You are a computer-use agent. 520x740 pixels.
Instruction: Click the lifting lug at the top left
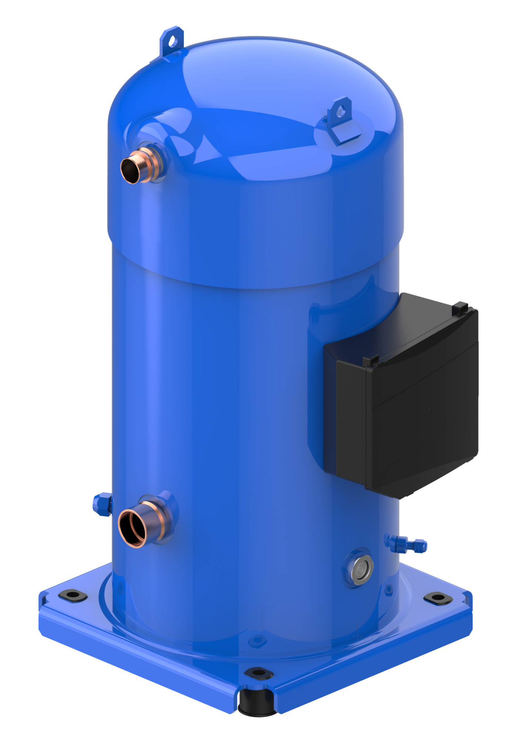click(x=172, y=41)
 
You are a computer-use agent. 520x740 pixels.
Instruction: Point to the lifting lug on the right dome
click(x=340, y=111)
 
